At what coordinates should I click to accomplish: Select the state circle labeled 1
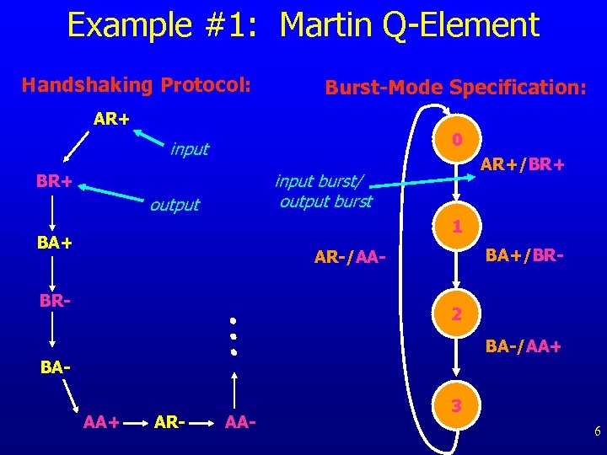tap(456, 227)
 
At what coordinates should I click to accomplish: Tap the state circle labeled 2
tap(456, 314)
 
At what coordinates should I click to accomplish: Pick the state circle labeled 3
tap(456, 405)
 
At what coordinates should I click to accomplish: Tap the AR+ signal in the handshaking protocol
tap(110, 119)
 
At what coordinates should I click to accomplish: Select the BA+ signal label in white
tap(54, 244)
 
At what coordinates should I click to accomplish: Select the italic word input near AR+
tap(189, 150)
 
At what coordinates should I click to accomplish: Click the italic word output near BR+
tap(175, 205)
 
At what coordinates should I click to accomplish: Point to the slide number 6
tap(596, 432)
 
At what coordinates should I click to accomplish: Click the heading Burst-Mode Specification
tap(455, 87)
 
